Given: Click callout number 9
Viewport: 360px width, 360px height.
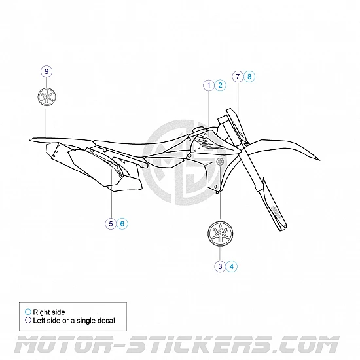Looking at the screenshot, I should (46, 71).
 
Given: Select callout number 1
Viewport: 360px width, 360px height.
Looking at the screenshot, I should (208, 85).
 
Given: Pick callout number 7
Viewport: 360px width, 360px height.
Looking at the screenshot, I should (237, 76).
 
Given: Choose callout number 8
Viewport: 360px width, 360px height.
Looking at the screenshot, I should (249, 76).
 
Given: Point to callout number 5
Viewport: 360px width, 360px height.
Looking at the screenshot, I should (111, 224).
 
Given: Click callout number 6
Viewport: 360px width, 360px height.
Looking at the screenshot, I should (122, 224).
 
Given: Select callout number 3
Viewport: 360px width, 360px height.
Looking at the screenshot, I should (220, 266).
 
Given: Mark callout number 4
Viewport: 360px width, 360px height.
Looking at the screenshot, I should (232, 266).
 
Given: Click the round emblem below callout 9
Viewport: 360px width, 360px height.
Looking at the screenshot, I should (46, 96).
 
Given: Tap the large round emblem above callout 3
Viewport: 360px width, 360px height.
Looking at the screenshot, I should (220, 233).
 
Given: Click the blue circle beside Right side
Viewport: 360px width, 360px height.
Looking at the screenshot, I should (27, 312).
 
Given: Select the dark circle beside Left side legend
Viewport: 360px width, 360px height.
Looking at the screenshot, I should (27, 321).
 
